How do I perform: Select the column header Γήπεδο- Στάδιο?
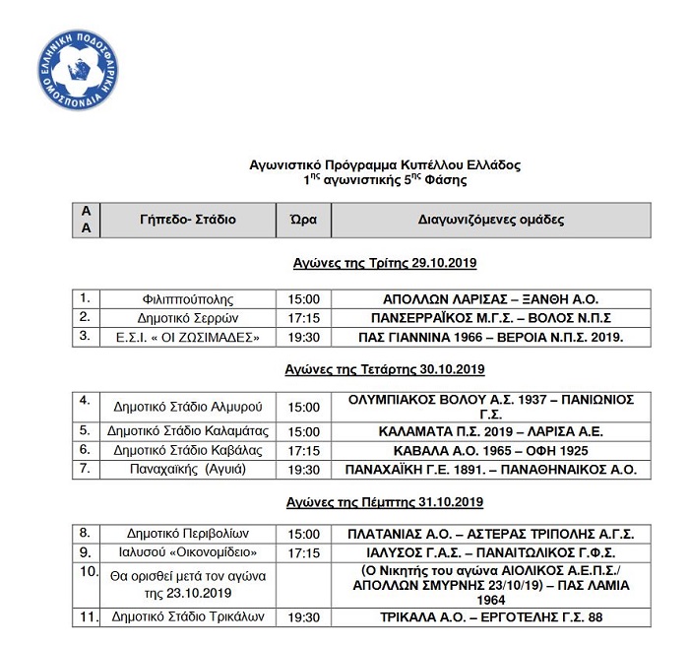pos(188,220)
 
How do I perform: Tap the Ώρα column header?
pos(303,220)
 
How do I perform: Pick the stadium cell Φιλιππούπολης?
pos(188,299)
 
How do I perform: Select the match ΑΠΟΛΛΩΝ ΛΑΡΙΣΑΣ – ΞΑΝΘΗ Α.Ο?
pos(490,299)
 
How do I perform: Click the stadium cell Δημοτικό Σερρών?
pos(188,317)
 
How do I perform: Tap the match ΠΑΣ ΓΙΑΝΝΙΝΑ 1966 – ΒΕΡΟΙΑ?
pos(490,337)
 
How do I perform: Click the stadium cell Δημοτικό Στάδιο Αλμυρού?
pos(188,407)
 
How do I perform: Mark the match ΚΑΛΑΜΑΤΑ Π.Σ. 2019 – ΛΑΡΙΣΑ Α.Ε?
pos(490,431)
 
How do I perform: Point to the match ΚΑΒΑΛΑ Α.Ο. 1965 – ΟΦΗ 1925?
pos(490,450)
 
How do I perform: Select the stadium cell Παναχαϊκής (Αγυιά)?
pos(188,469)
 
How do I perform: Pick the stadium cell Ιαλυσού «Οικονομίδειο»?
pos(188,551)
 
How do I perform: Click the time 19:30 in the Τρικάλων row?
pos(303,618)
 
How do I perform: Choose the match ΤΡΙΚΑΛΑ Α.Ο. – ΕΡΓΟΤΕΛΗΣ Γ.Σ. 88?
pos(490,618)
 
